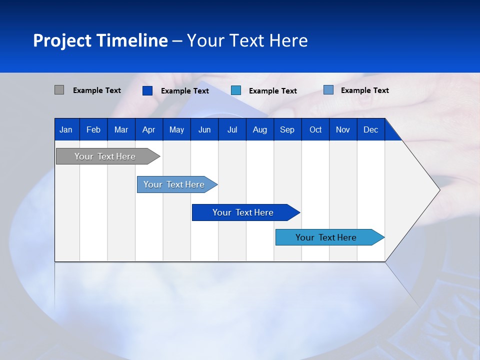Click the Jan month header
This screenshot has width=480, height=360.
click(x=66, y=129)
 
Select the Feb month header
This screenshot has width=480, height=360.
click(x=93, y=129)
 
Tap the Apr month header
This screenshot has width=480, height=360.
click(x=148, y=129)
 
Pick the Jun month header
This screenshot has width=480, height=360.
click(x=204, y=129)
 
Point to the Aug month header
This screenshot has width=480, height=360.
click(x=259, y=129)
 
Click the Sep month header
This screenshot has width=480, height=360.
click(x=287, y=129)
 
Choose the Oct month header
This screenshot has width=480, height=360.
click(x=315, y=129)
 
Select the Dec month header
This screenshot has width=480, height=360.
click(x=370, y=129)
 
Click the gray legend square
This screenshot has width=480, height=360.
click(x=59, y=90)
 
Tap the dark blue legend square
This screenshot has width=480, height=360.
click(x=147, y=90)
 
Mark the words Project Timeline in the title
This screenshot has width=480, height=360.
click(x=100, y=40)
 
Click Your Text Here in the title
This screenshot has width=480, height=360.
click(x=247, y=40)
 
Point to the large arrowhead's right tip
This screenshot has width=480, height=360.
click(x=439, y=189)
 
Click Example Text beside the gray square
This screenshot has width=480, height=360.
click(x=97, y=90)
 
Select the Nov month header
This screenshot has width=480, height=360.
click(x=343, y=129)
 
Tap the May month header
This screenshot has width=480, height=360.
click(x=176, y=129)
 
